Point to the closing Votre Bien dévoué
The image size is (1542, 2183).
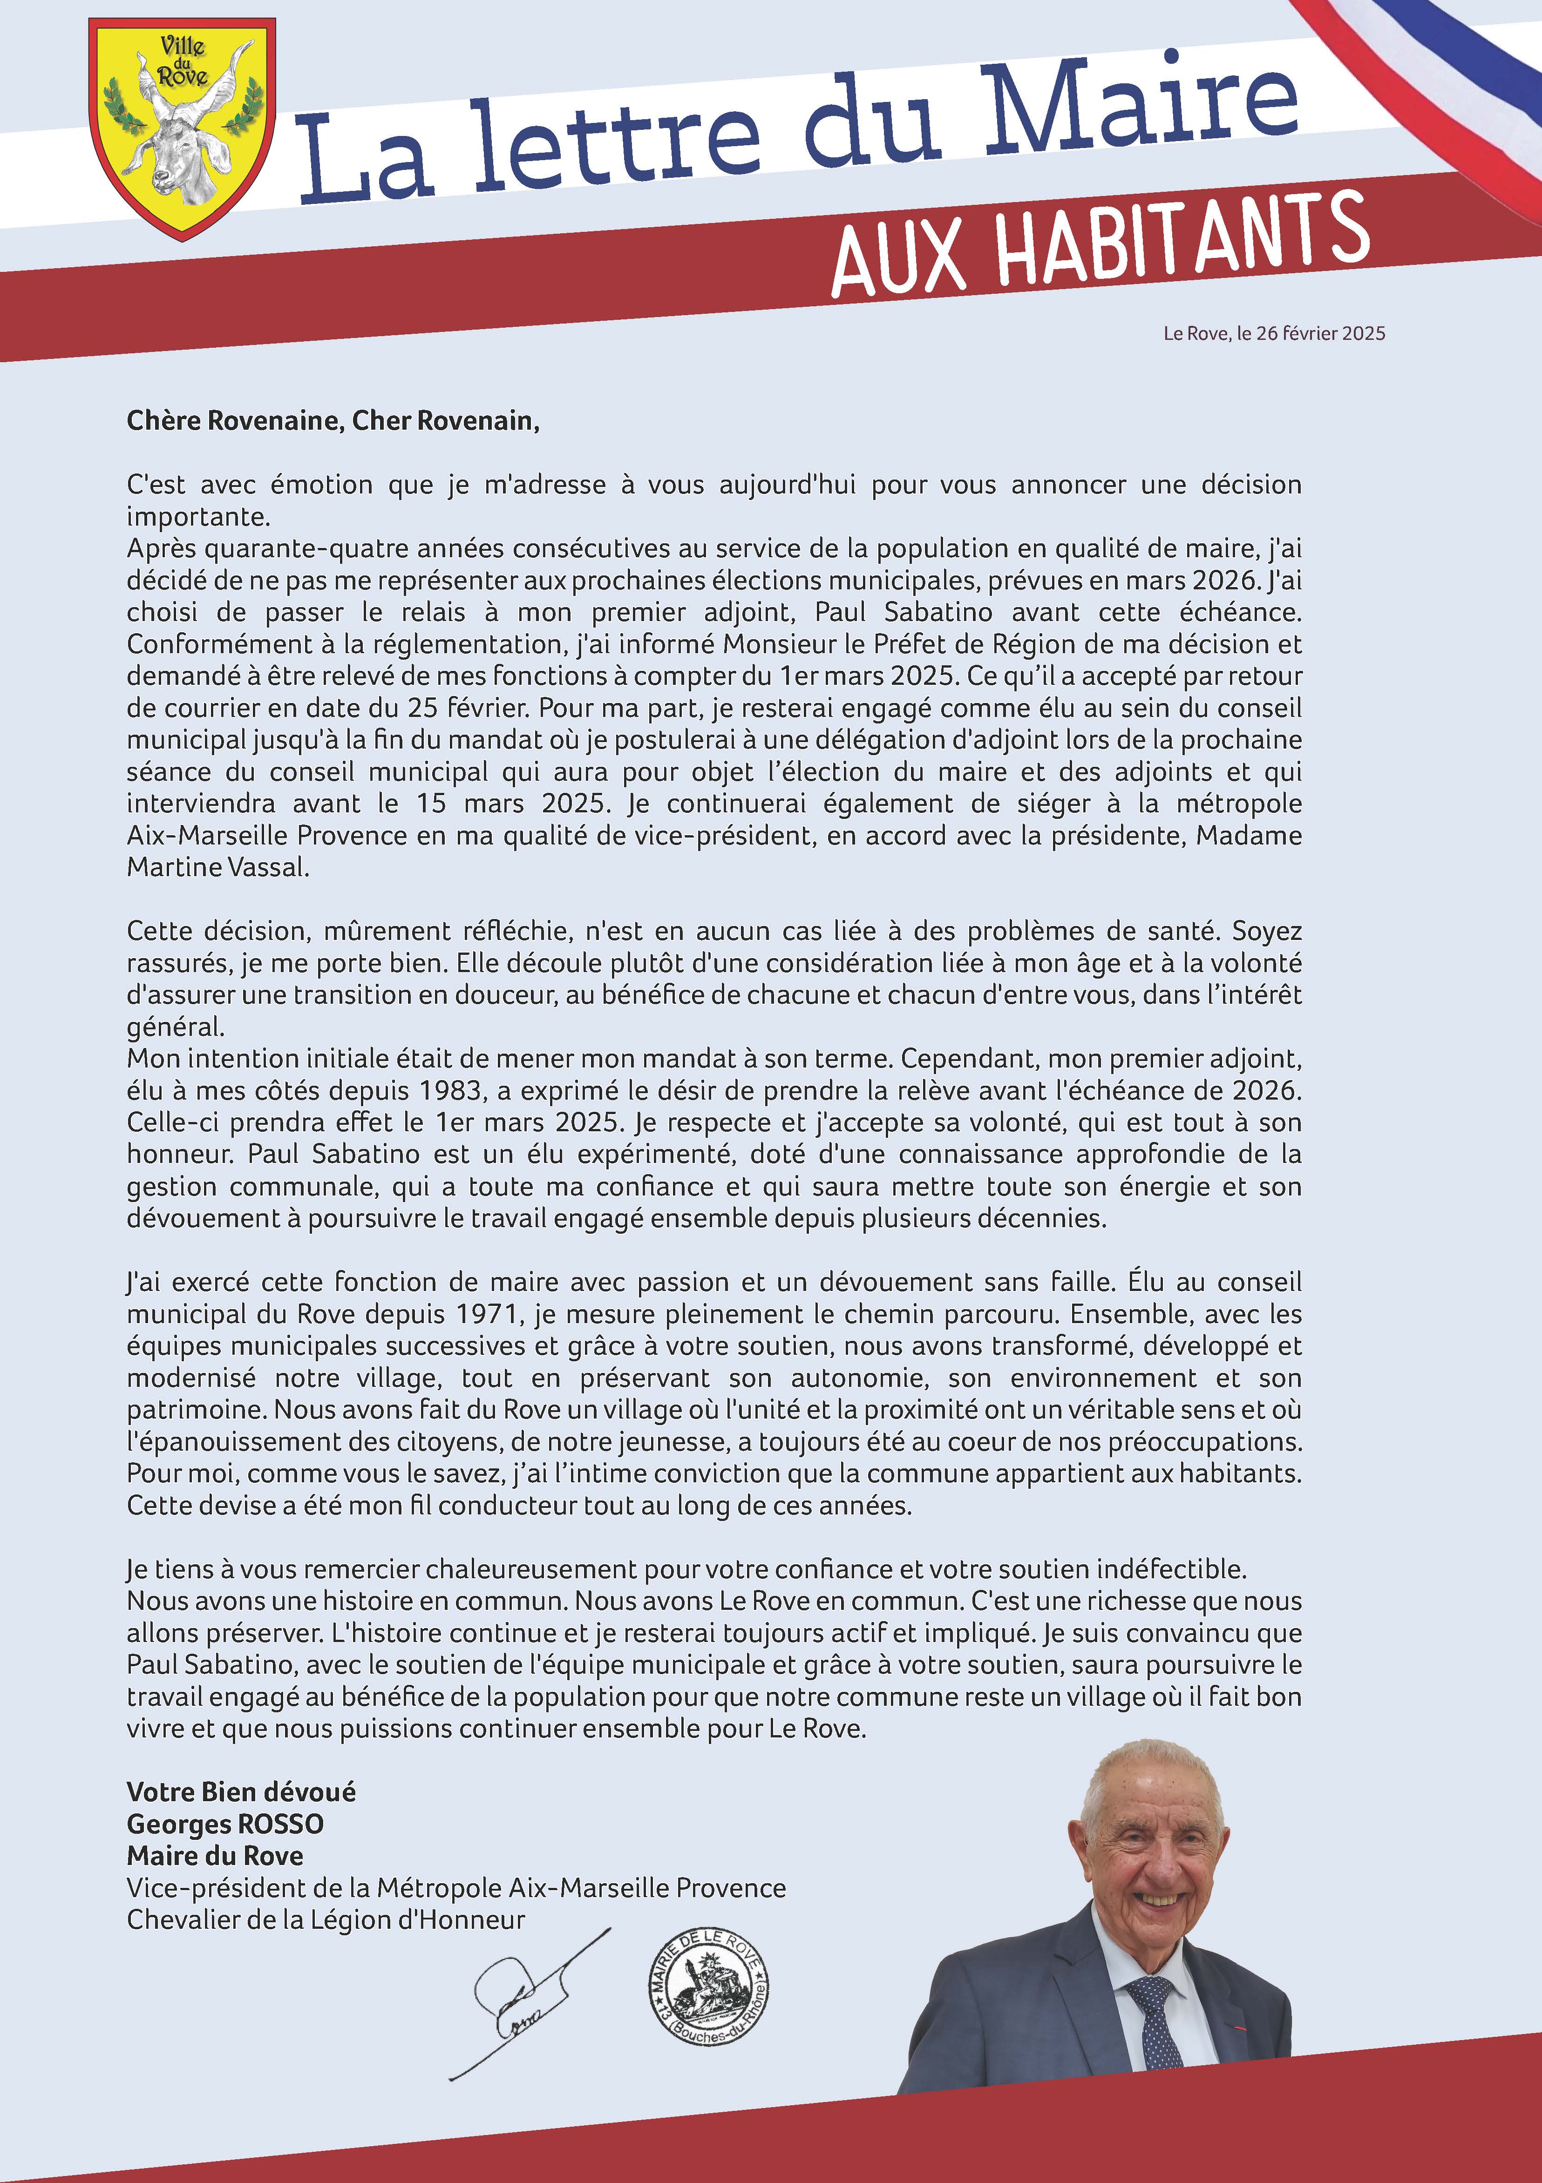pos(241,1792)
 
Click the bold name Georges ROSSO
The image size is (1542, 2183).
pos(225,1824)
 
